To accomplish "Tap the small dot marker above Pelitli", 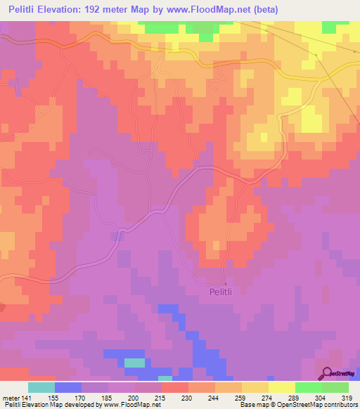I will click(x=225, y=283).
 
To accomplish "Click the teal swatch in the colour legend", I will click(x=41, y=387).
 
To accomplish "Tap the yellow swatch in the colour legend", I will click(x=282, y=387).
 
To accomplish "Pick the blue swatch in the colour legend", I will click(x=68, y=387).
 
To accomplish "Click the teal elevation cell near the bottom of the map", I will click(x=135, y=363).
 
